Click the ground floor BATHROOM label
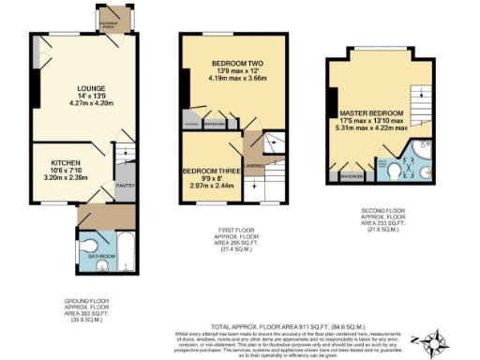(101, 255)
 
